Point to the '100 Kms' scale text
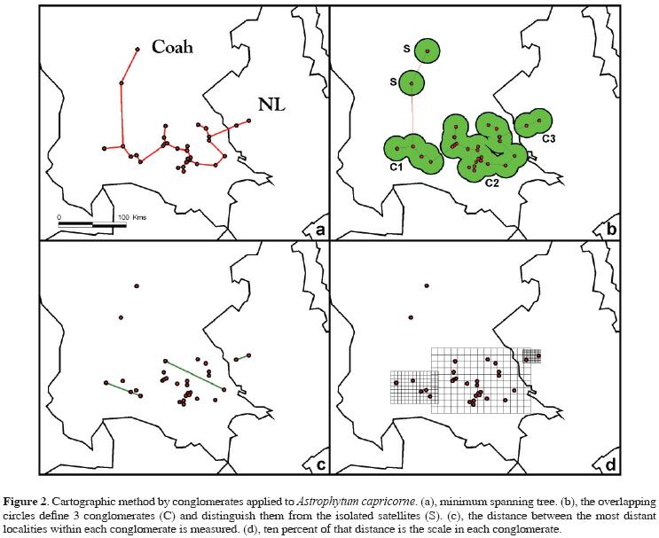(x=130, y=216)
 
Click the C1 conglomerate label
(x=396, y=167)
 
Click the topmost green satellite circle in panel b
(x=428, y=52)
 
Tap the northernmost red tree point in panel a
(x=137, y=50)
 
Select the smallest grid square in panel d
(x=531, y=355)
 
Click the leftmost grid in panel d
(x=412, y=387)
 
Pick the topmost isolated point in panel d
(x=427, y=285)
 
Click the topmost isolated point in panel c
(x=137, y=285)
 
